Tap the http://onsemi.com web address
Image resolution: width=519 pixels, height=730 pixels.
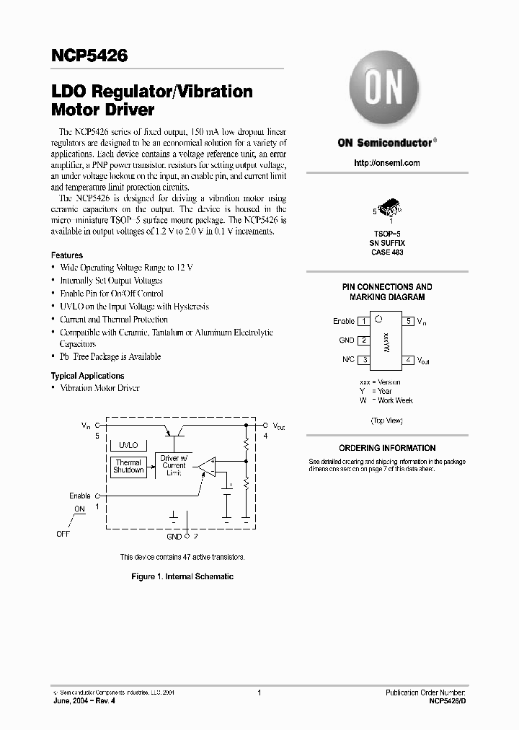point(386,163)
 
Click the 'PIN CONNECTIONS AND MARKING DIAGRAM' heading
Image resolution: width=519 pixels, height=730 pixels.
point(387,291)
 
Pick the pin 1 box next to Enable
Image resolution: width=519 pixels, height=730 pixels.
point(364,321)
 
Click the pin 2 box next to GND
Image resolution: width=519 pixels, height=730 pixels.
point(364,340)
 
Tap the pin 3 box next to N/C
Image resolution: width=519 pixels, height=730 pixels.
point(364,359)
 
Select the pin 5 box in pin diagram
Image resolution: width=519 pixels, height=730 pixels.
point(409,321)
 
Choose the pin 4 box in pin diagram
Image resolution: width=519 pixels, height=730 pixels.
point(409,359)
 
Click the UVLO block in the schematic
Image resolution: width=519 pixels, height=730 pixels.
point(129,446)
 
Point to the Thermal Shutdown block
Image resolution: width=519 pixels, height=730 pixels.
point(128,466)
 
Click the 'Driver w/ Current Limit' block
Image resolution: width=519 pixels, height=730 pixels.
point(174,465)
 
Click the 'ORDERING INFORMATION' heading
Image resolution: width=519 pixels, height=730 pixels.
point(387,448)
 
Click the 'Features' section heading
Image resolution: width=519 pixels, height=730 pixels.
point(67,255)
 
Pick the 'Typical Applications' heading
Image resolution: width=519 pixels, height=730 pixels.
point(87,376)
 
